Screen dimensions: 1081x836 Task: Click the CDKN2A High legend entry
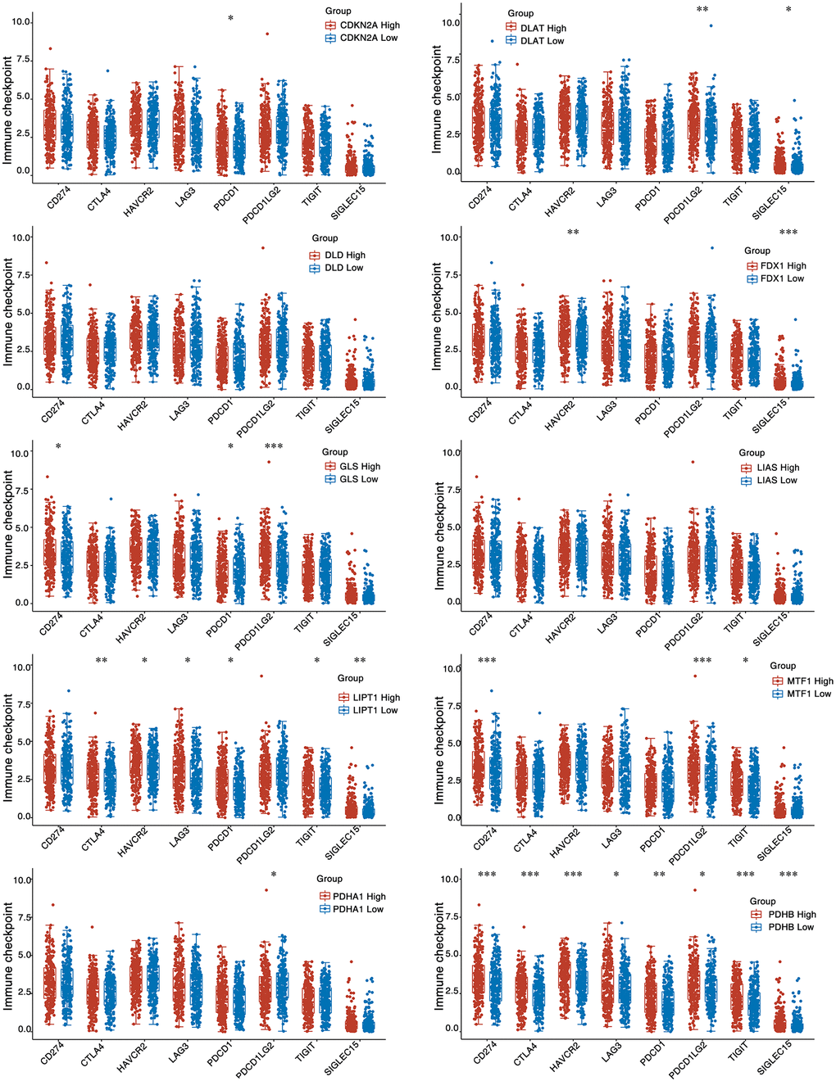click(369, 25)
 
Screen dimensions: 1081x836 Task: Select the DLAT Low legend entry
click(542, 40)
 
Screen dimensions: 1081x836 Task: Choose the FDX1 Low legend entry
click(782, 279)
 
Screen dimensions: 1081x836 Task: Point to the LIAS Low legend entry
click(776, 481)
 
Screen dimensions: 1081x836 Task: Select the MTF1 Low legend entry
click(808, 694)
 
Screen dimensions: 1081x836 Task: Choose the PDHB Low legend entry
click(790, 927)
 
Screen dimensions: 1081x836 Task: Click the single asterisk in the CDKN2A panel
click(230, 19)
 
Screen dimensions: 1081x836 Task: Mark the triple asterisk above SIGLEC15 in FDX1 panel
click(788, 233)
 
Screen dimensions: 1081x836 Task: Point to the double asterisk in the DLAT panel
click(702, 11)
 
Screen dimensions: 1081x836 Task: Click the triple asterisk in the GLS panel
click(273, 447)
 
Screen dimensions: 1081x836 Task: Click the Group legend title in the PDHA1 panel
click(329, 879)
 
